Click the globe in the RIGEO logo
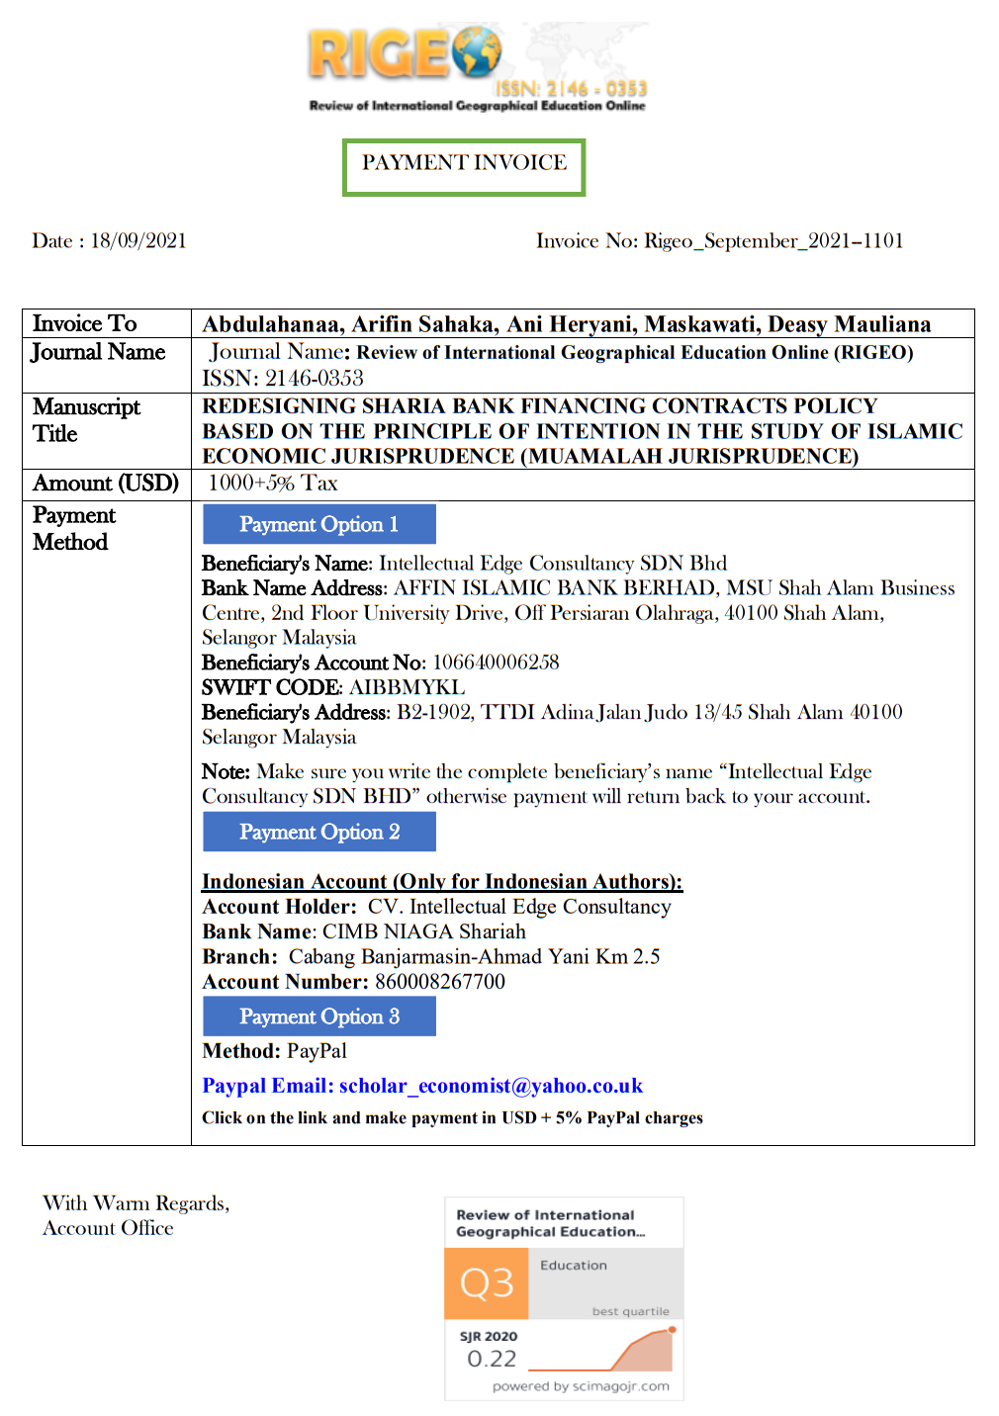[x=477, y=51]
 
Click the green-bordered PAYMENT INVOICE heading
[x=464, y=164]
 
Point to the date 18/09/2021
[x=138, y=241]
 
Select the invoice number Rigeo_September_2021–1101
[x=773, y=241]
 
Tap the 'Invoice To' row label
[x=85, y=324]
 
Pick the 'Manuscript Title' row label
[x=86, y=420]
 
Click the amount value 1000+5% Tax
[x=273, y=484]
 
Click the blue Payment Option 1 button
[x=318, y=525]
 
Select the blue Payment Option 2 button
[x=318, y=833]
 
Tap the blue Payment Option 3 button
[x=318, y=1018]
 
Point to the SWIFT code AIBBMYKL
[x=407, y=688]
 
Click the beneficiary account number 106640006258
[x=496, y=663]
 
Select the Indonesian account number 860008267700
[x=440, y=982]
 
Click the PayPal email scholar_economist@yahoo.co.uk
[x=491, y=1087]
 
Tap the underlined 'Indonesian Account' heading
[x=441, y=882]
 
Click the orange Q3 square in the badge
[x=487, y=1283]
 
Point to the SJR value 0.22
[x=492, y=1360]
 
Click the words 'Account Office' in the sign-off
[x=108, y=1229]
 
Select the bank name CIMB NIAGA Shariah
[x=424, y=932]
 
